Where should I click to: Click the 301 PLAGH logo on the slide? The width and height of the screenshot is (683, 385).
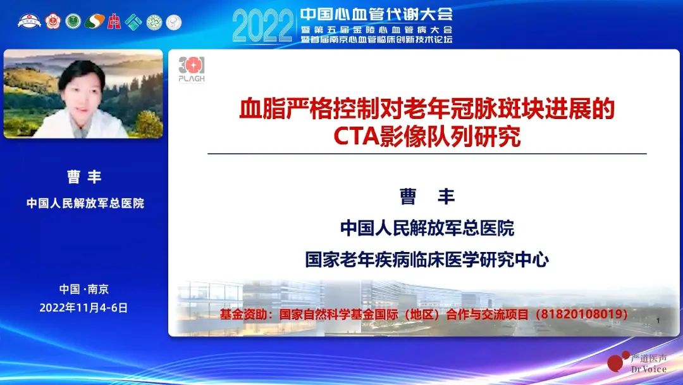192,69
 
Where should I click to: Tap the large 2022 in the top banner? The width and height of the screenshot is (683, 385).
262,26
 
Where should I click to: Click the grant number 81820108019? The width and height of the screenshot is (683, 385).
581,314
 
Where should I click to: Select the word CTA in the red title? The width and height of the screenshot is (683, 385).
356,136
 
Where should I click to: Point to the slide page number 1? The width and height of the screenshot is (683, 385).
658,320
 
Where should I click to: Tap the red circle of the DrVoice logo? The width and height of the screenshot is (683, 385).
615,363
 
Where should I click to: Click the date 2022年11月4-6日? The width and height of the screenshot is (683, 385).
83,308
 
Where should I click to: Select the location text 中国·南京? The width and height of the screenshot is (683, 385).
84,289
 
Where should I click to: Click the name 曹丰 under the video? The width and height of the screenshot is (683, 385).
84,177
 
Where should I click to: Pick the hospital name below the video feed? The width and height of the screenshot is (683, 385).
85,203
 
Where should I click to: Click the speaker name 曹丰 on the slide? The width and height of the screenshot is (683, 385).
428,197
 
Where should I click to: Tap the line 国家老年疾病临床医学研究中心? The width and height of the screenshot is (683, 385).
427,260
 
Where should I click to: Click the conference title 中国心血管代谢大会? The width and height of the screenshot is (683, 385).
376,14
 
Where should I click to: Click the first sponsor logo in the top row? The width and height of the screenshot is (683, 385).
29,22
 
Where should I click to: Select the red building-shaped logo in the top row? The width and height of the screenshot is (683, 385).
114,22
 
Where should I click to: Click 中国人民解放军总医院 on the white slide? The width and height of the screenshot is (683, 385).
428,228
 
